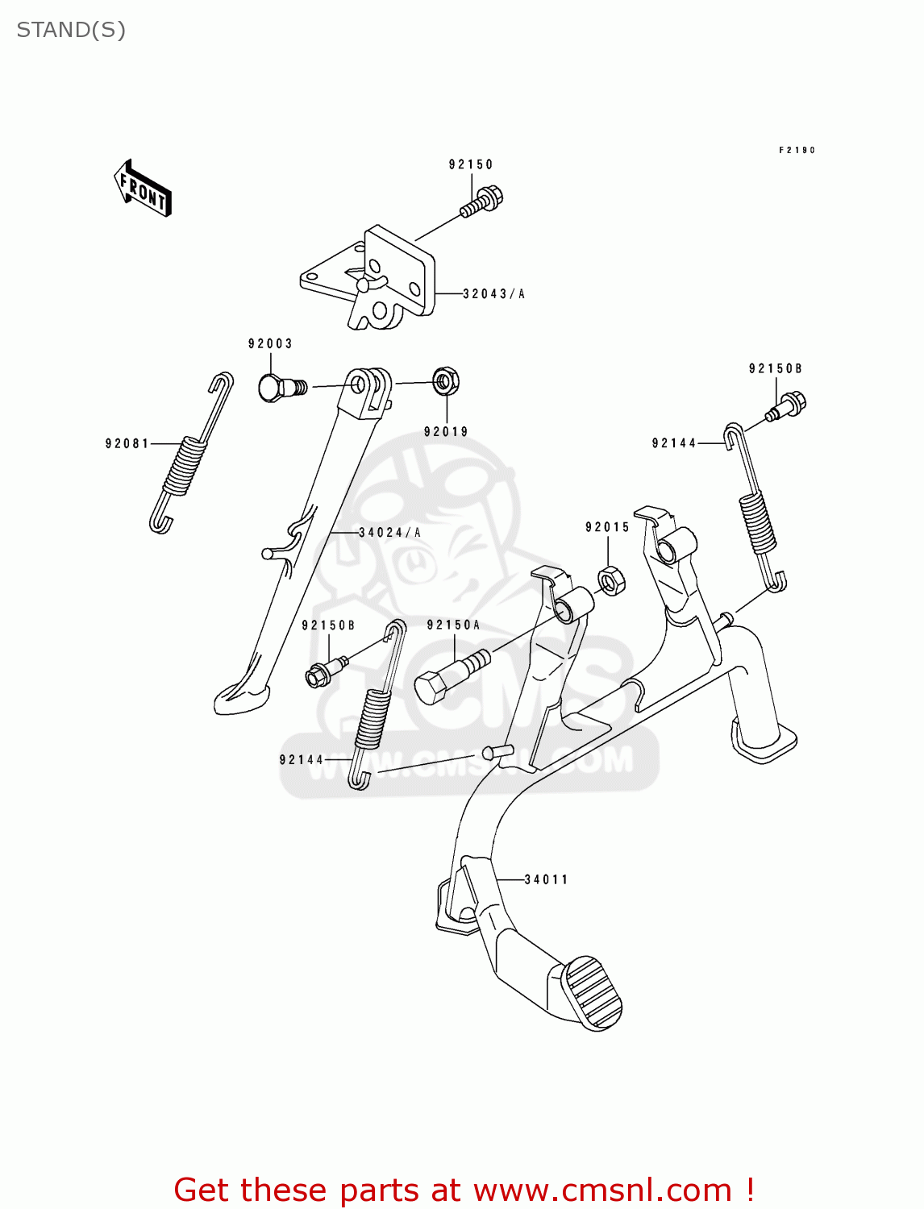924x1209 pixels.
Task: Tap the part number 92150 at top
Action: coord(471,164)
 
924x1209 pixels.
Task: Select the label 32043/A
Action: coord(493,294)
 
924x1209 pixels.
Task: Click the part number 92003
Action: coord(270,344)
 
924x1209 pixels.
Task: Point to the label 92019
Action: coord(446,432)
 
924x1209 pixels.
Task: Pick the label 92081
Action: coord(127,443)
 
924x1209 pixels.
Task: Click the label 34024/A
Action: coord(389,533)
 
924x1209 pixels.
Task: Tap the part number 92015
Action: coord(607,527)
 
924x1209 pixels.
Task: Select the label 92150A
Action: coord(453,625)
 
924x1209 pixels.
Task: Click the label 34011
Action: coord(547,879)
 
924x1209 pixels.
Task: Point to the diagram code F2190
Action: coord(797,150)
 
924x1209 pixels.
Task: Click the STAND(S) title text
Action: coord(71,30)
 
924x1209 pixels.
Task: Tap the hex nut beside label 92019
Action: coord(446,380)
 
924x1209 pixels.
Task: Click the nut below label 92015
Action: coord(611,580)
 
